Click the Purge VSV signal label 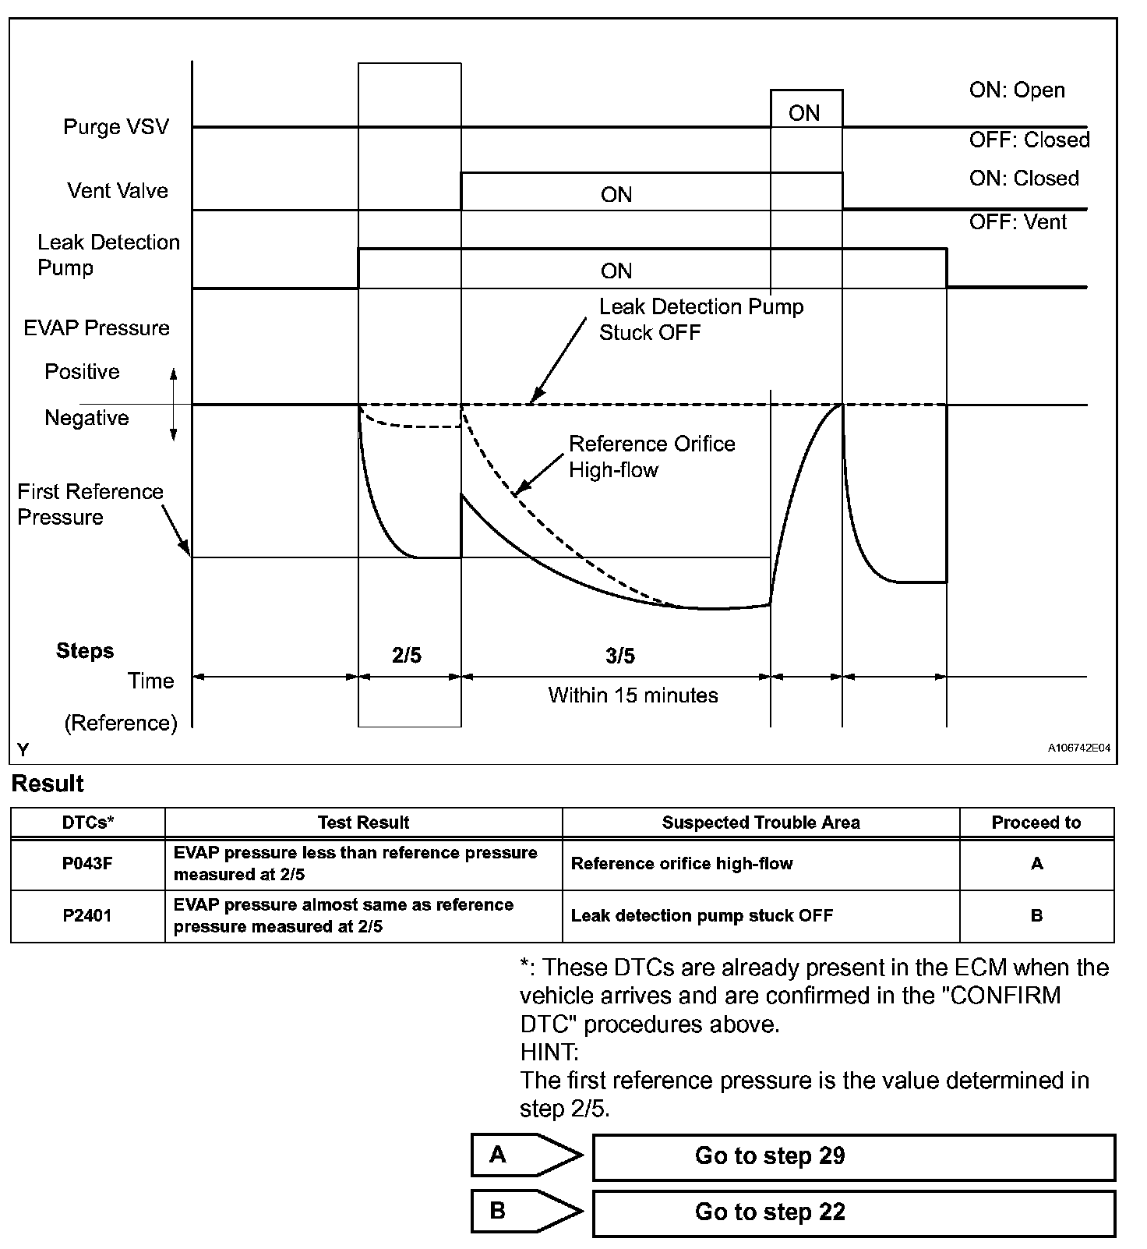116,127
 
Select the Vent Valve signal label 118,191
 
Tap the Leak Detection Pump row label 108,255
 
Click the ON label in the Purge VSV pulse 804,114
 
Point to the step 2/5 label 407,656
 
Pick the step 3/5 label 620,656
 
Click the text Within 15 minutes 633,695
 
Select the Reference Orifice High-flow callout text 651,457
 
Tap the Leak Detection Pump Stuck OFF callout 701,320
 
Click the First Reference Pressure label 90,504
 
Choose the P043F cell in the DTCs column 87,864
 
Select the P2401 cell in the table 87,916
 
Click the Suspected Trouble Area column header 761,823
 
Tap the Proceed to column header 1036,823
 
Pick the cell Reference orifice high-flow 682,864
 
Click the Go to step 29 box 853,1156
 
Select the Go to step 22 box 853,1212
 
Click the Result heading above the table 48,784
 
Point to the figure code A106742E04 1078,748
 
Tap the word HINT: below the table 549,1053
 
